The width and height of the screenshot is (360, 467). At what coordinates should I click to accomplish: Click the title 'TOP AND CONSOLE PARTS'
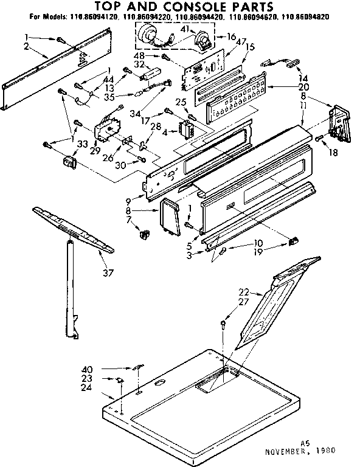[x=180, y=7]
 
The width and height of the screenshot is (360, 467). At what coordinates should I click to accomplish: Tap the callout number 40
[x=88, y=368]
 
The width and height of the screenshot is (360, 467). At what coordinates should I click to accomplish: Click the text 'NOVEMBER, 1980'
[x=301, y=452]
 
